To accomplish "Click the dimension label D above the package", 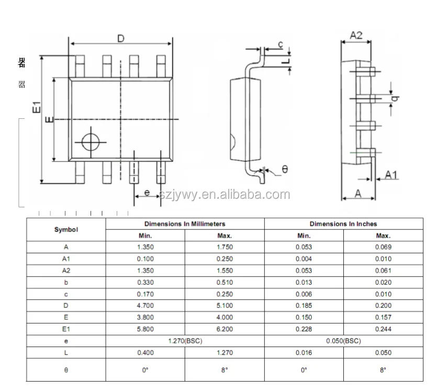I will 120,39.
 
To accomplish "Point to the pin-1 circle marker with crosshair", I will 90,141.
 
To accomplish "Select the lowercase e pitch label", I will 147,193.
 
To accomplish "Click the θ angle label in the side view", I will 285,169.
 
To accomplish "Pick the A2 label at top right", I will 356,36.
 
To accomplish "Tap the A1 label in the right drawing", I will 391,175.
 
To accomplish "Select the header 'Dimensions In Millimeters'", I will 185,224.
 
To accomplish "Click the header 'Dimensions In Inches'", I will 343,224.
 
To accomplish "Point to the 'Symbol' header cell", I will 66,229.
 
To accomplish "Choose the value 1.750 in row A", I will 225,247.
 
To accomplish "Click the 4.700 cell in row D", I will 145,306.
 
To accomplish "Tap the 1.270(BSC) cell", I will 185,341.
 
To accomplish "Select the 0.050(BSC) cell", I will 343,341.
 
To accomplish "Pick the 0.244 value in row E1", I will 383,329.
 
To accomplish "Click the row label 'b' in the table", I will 66,282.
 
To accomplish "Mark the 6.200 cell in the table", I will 225,329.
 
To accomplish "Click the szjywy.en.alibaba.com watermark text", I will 225,195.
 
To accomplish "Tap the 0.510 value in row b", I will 225,282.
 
